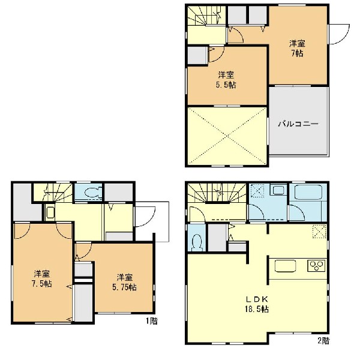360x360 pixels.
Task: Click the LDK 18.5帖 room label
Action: pos(257,304)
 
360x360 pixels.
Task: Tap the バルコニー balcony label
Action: pos(298,124)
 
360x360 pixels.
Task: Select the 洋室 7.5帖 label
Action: pos(42,279)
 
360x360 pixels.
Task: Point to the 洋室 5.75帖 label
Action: pos(124,283)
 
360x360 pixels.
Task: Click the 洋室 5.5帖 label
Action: pos(227,80)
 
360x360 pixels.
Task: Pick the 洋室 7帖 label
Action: pos(298,48)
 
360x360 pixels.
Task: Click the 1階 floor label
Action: pos(152,321)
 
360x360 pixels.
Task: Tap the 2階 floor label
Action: pos(323,340)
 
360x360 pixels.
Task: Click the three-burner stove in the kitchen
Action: pos(317,266)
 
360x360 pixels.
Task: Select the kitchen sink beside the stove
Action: pos(285,266)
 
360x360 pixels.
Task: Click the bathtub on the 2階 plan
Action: pos(308,193)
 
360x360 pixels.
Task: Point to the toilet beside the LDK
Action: pos(197,242)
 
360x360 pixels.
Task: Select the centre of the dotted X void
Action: pos(227,136)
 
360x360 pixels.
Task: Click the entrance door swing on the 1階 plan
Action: pos(145,217)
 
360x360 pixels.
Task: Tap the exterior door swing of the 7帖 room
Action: pos(340,34)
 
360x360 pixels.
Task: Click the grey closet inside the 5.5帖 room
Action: pos(197,56)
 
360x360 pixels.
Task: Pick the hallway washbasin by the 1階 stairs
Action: pos(50,213)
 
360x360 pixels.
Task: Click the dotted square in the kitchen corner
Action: pos(319,231)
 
